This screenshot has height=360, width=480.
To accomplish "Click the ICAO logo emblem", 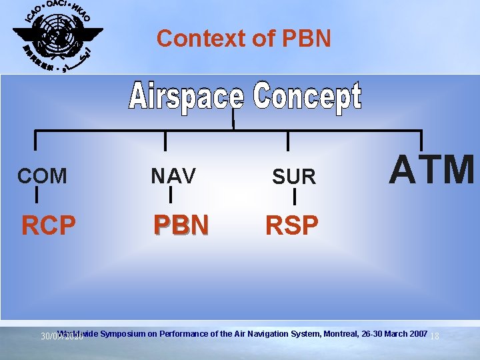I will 58,37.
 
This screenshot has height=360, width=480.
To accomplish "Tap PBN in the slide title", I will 307,39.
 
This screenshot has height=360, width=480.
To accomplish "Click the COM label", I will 42,176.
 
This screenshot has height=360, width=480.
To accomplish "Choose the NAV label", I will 173,176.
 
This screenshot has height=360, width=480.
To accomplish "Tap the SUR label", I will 293,177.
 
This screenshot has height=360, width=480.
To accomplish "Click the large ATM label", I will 433,169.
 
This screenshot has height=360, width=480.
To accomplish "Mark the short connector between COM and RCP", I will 36,195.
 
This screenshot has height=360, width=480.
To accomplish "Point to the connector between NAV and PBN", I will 171,194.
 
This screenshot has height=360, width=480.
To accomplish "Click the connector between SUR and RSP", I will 294,197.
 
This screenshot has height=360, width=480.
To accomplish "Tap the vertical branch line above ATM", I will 421,139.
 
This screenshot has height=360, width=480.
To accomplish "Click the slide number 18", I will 435,337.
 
